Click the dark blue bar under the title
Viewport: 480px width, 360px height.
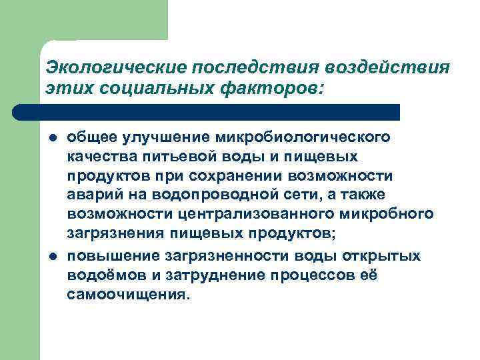[x=207, y=112]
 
